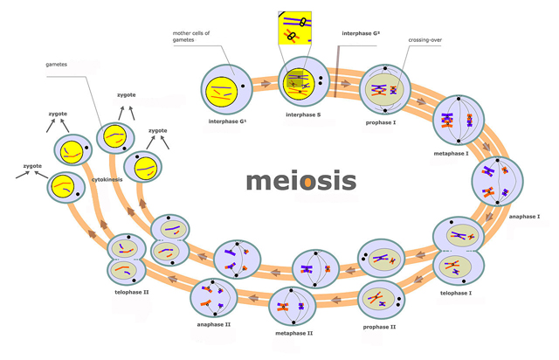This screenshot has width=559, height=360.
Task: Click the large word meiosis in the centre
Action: tap(301, 181)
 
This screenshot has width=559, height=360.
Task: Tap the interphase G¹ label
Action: tap(227, 121)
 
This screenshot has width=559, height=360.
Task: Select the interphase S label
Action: tap(303, 114)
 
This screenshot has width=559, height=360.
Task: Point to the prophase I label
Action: tap(381, 122)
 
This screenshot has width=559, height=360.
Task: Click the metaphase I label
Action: tap(451, 154)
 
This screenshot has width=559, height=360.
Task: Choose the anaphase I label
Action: tap(524, 216)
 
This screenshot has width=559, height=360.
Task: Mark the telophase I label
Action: tap(456, 293)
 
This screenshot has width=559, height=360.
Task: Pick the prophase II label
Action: tap(379, 327)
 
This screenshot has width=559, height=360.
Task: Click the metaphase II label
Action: tap(294, 333)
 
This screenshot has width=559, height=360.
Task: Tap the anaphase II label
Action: tap(214, 325)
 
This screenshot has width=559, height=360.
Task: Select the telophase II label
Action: tap(132, 292)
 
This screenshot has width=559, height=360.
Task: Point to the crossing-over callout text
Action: tap(425, 40)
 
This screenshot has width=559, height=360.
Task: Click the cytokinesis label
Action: tap(107, 179)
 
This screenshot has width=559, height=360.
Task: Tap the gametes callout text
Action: tap(56, 65)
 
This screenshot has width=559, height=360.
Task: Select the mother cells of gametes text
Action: tap(191, 37)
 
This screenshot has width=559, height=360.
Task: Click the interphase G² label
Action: tap(361, 33)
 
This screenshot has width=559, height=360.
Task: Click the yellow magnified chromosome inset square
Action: tap(295, 28)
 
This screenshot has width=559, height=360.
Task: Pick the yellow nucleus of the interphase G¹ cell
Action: tap(221, 92)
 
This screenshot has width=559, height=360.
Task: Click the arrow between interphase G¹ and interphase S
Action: tap(266, 84)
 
